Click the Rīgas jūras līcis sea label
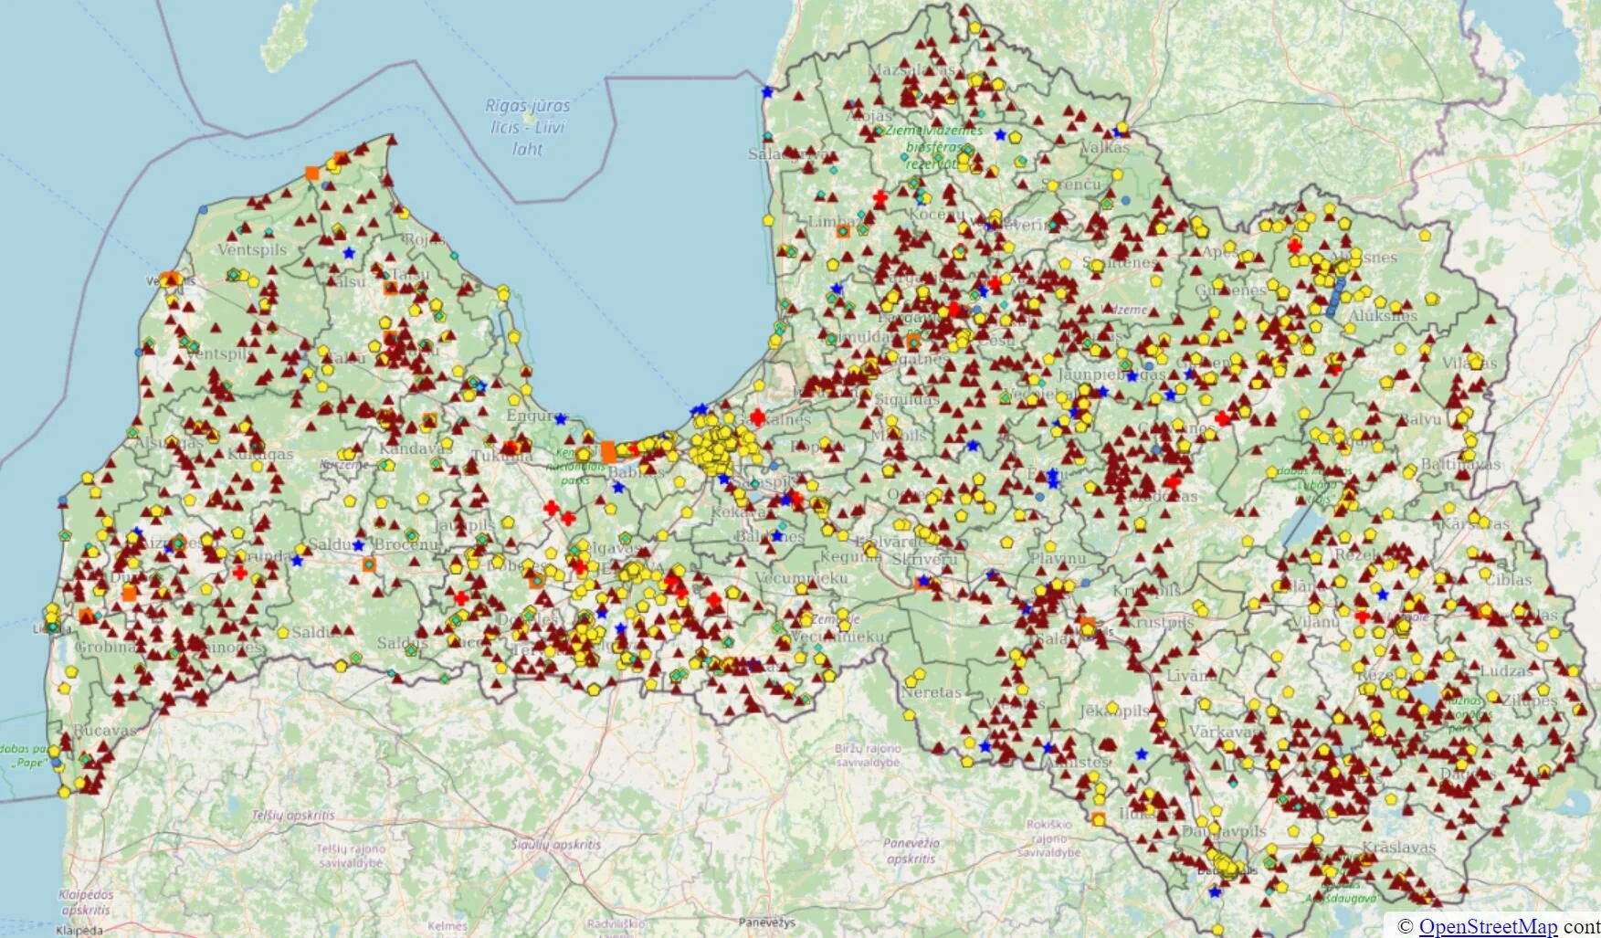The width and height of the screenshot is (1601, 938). tap(528, 127)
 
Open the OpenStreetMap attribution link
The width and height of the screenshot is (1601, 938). tap(1488, 926)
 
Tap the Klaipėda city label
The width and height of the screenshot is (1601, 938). tap(79, 931)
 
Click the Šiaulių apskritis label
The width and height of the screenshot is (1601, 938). tap(556, 845)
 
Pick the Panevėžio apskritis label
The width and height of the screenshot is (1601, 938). tap(911, 851)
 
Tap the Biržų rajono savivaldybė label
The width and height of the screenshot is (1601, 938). tap(868, 754)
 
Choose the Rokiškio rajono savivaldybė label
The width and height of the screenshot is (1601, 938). tap(1048, 838)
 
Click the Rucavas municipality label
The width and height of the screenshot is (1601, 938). tap(105, 730)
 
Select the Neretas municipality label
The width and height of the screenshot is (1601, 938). tap(931, 692)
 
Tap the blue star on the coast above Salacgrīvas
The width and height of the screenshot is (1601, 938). tap(767, 92)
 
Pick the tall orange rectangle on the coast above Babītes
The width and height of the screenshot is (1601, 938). tap(608, 451)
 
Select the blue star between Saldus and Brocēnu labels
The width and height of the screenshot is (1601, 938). tap(359, 545)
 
